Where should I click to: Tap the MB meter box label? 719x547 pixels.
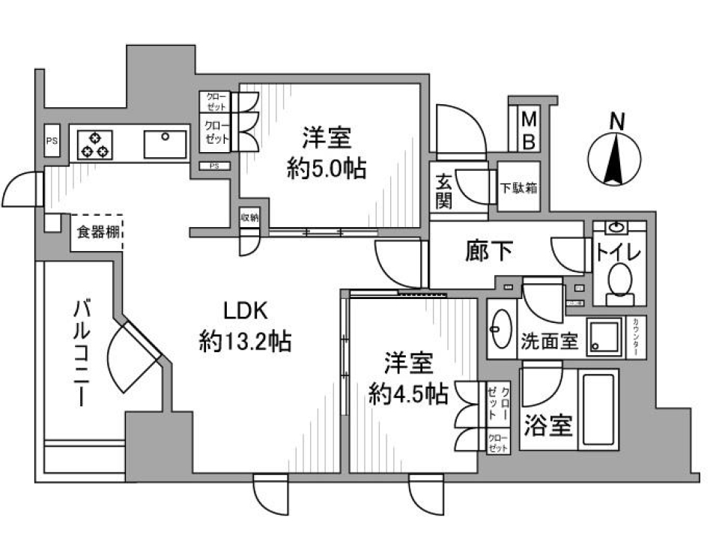(529, 130)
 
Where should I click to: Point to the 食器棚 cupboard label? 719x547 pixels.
(97, 232)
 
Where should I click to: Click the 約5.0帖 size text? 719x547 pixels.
(327, 169)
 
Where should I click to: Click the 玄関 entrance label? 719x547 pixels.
(443, 190)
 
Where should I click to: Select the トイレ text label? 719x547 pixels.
(619, 252)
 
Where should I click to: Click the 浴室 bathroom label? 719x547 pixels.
(549, 426)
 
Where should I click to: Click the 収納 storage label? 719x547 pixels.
(249, 217)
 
